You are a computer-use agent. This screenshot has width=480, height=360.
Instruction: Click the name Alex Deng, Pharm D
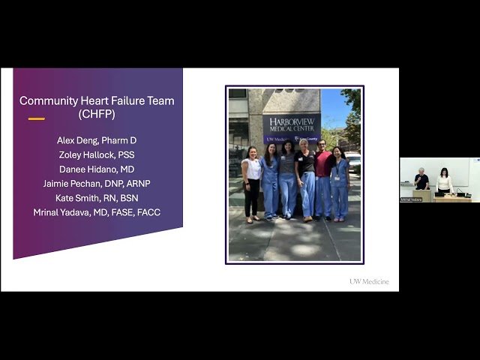pos(97,140)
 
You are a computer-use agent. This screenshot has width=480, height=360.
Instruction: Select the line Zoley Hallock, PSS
pos(97,154)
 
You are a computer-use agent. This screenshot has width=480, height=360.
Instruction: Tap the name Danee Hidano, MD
pos(97,169)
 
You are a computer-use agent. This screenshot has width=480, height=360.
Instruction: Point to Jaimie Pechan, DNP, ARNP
pos(97,183)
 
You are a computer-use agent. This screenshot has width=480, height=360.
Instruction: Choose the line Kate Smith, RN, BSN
pos(97,198)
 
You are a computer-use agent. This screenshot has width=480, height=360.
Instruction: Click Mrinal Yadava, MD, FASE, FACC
pos(97,212)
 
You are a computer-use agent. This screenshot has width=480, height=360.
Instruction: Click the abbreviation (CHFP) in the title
pos(97,114)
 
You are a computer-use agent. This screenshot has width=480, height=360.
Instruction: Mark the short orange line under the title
pos(36,119)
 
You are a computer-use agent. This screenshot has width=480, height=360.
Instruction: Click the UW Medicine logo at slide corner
pos(369,282)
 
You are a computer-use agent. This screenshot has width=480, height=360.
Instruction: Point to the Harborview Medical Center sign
pos(291,124)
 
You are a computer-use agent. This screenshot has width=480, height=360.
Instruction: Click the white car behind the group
pos(352,160)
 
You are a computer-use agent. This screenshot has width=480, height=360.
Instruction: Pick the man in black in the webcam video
pos(421,181)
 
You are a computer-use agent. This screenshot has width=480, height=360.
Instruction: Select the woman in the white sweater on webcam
pos(445,181)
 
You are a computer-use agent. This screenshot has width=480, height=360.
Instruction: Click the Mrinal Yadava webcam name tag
pos(411,199)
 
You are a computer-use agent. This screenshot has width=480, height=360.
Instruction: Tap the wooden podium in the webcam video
pos(423,195)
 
